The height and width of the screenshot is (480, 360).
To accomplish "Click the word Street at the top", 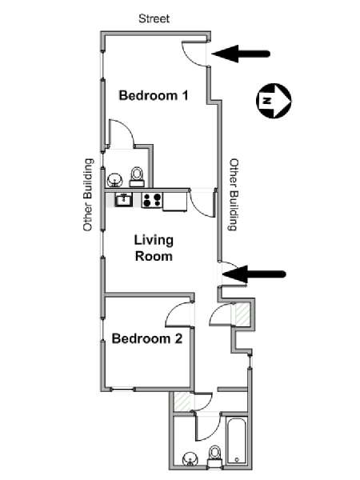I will pyautogui.click(x=154, y=17).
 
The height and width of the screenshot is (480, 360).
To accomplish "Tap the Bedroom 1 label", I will pyautogui.click(x=154, y=96).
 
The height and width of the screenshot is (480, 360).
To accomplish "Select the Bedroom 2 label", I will pyautogui.click(x=146, y=338).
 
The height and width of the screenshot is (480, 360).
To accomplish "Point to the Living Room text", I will pyautogui.click(x=154, y=248).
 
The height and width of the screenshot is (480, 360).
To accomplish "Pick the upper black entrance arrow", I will pyautogui.click(x=243, y=54).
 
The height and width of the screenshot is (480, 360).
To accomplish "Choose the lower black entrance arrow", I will pyautogui.click(x=254, y=274).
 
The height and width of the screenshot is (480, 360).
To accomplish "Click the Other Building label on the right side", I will pyautogui.click(x=234, y=194).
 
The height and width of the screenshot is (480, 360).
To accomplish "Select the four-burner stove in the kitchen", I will pyautogui.click(x=151, y=200).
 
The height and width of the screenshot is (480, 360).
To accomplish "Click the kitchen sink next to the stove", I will pyautogui.click(x=123, y=199).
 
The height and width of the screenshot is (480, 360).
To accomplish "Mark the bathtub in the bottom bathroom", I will pyautogui.click(x=238, y=439).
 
